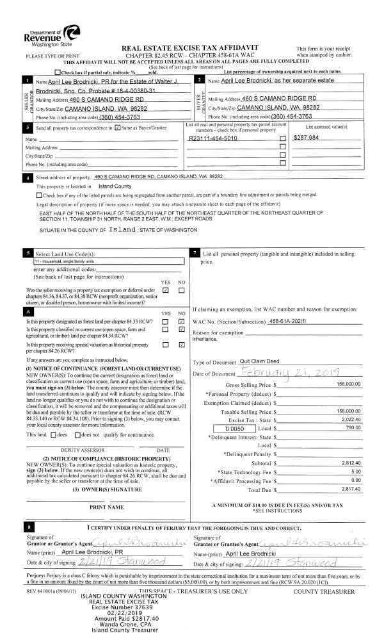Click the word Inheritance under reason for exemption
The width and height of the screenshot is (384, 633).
coord(205,340)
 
